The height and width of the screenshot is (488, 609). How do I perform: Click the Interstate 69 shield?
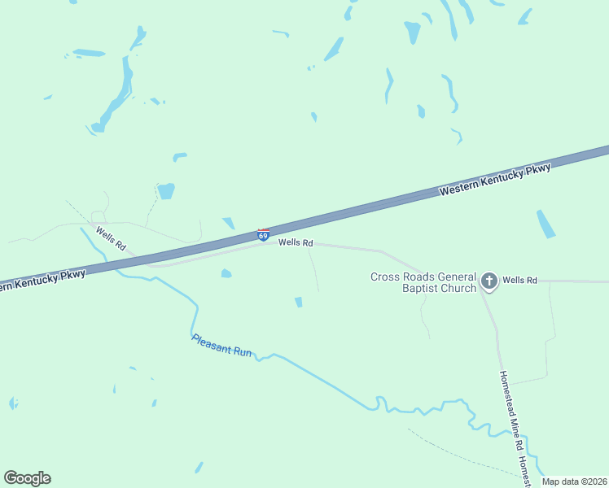263,234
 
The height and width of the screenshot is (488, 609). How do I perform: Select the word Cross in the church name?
384,277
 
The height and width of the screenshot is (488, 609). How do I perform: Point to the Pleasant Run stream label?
222,347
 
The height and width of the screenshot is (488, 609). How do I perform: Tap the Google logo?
27,477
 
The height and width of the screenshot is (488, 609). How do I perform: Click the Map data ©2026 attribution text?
575,481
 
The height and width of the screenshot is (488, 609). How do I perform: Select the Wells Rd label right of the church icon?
519,281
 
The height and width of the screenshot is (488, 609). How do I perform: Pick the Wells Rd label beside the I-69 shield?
296,242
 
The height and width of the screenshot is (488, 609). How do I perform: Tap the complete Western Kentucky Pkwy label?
495,179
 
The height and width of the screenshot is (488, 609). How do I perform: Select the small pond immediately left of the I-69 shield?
229,223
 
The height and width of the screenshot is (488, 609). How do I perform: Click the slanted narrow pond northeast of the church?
545,224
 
